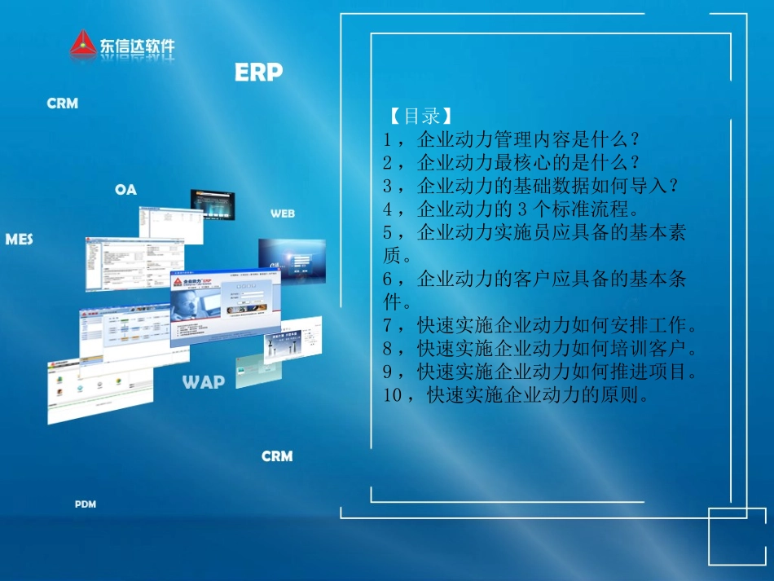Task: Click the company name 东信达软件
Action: click(137, 47)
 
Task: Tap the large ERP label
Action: click(258, 73)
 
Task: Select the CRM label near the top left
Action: click(63, 103)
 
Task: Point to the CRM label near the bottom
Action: click(277, 456)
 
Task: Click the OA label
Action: click(125, 190)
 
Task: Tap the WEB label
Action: click(283, 213)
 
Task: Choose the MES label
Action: click(19, 240)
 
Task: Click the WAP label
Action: click(204, 381)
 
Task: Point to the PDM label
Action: click(86, 504)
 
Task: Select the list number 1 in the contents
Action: click(388, 139)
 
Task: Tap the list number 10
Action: click(393, 397)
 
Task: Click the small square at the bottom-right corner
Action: click(737, 536)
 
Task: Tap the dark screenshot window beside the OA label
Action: click(212, 206)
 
